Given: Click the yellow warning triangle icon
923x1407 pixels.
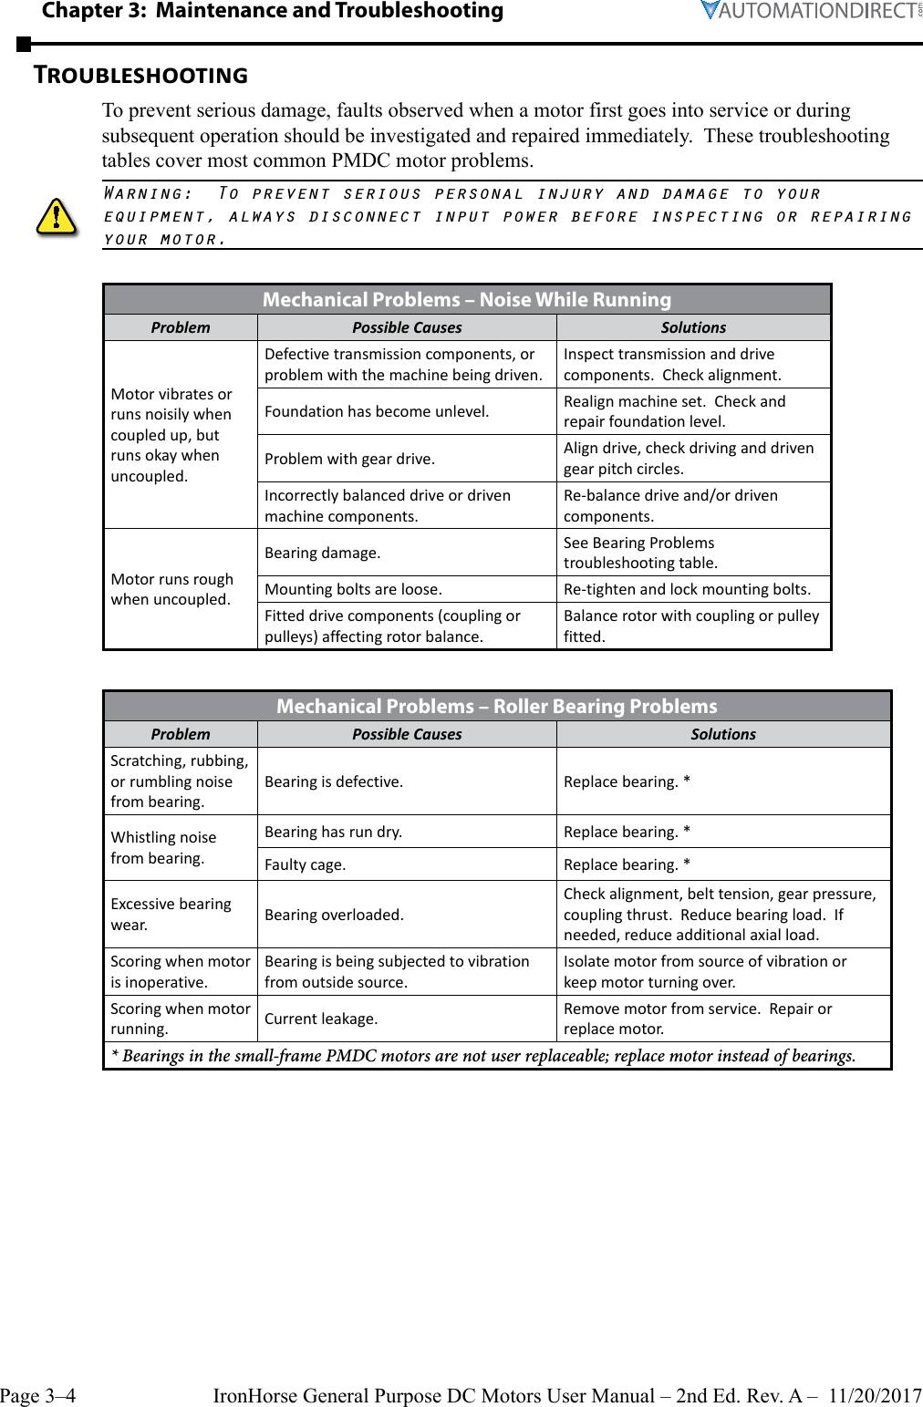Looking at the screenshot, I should [x=56, y=217].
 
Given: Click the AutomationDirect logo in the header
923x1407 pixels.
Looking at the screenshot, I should [x=811, y=11].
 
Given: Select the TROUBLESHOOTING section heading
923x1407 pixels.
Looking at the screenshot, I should [x=140, y=75].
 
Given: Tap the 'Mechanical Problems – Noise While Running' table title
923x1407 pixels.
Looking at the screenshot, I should [x=466, y=299].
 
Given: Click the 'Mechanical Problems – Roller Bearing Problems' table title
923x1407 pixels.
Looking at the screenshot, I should [x=496, y=706].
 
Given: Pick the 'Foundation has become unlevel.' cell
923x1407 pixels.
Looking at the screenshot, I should [x=377, y=411].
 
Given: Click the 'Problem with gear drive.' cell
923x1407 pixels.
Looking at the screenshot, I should [x=349, y=459].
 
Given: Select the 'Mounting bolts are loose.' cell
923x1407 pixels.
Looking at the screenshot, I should [x=353, y=589].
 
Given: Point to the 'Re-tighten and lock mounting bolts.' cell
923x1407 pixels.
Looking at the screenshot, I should [x=687, y=589].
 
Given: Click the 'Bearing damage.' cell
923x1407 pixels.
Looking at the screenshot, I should [x=323, y=553].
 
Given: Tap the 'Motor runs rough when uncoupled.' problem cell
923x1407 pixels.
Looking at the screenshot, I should [x=172, y=589].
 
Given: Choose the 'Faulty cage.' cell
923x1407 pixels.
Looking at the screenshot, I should [x=306, y=864].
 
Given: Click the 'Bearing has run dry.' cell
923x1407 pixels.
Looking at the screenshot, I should [x=333, y=832].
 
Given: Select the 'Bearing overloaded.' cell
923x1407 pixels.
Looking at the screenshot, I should [x=334, y=915].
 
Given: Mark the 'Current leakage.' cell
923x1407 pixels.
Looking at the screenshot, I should [x=321, y=1019].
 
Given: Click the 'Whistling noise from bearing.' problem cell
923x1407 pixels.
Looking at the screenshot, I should [x=164, y=847].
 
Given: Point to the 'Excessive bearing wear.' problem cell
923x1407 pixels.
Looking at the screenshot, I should [x=171, y=914].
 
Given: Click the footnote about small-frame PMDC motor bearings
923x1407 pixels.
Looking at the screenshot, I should [x=483, y=1056].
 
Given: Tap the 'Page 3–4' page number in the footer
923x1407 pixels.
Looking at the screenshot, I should [x=38, y=1395].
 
